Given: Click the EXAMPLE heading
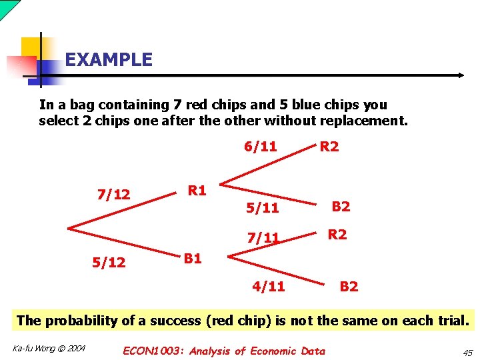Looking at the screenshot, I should pos(109,60).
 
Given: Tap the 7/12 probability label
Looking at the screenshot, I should pos(113,195).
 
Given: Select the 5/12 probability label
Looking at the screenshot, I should pos(109,263).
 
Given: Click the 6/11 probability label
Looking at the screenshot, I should pos(260,147).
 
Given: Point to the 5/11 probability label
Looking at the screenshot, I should pos(262,208).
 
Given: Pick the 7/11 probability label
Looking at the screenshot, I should pos(263,238).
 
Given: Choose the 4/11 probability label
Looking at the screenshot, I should pos(268,287).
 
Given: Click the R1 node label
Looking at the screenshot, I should pos(197,191).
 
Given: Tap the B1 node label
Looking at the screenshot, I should pos(193,259).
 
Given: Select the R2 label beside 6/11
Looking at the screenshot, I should pos(329,147).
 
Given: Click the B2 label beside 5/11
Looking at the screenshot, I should pos(341,207).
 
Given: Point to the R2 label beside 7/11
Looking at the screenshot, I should pos(337,235).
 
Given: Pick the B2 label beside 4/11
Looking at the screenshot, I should pos(349,287).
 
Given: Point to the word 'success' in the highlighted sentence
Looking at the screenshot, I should pos(177,320).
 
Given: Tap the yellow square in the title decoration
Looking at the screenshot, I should pos(31,47).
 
